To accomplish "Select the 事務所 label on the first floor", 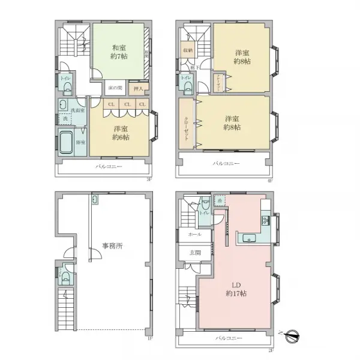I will click(112, 245).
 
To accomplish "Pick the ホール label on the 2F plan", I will click(194, 235).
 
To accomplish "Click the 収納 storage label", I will click(188, 50).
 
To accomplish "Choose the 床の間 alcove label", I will click(115, 88).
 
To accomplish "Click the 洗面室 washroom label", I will click(77, 111).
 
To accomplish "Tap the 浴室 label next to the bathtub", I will click(80, 142).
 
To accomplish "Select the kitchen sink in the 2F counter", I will click(248, 239).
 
